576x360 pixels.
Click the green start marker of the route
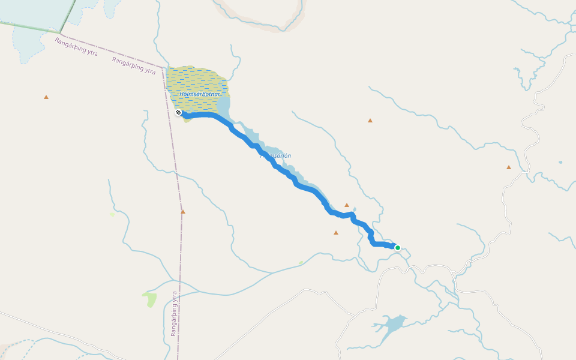397,247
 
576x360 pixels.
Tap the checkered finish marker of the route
178,112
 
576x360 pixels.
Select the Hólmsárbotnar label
200,94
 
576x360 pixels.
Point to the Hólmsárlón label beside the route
276,156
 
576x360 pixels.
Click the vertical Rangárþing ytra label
174,313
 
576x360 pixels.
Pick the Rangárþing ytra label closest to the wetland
134,65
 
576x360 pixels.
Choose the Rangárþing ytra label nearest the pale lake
76,46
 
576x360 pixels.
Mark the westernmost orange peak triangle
46,97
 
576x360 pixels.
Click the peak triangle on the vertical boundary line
183,211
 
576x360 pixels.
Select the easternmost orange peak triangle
509,167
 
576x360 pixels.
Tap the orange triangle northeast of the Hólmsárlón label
370,121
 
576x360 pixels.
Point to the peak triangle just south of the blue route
336,232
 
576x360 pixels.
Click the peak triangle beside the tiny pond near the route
347,205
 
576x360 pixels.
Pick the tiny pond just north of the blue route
355,209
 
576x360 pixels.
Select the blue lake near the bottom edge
393,325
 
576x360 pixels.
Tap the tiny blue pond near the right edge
560,162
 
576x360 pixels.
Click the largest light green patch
150,298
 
